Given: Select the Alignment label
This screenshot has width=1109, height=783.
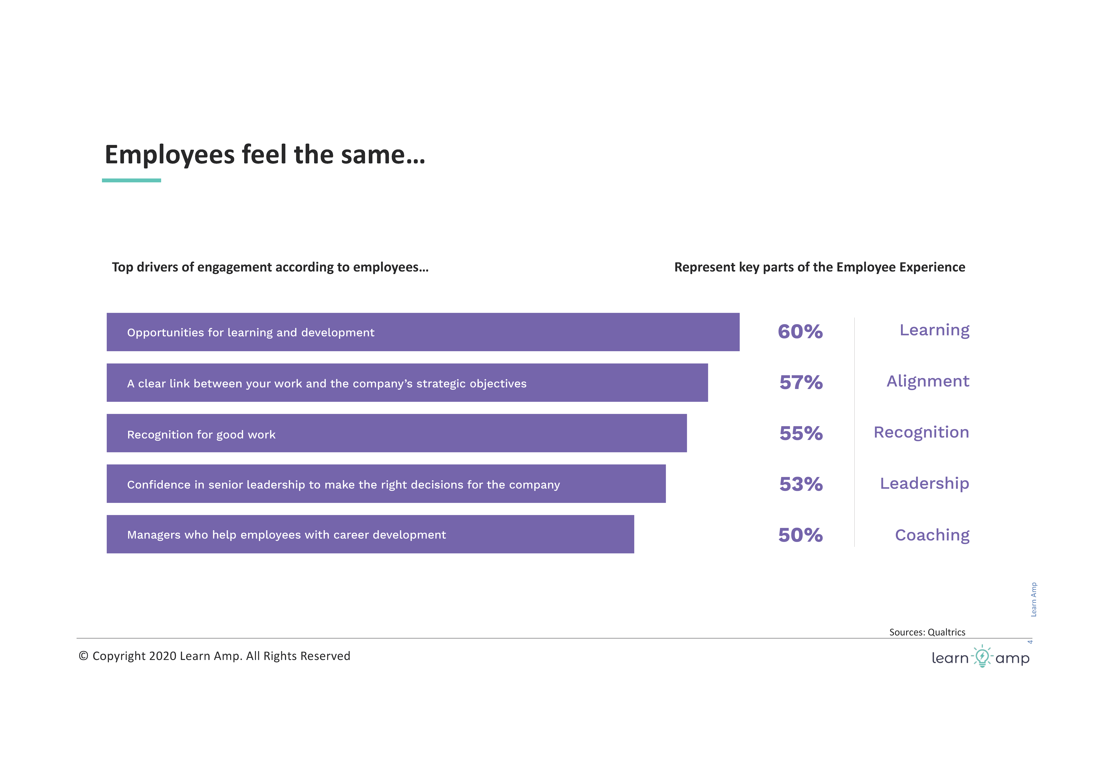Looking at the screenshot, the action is click(x=928, y=381).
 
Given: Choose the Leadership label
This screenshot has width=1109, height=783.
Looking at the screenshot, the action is click(x=924, y=483).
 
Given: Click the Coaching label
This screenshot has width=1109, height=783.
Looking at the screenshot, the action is click(x=932, y=535).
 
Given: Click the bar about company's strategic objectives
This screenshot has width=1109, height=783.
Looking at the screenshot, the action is click(x=407, y=383).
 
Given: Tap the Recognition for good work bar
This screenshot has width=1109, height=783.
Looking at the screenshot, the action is click(x=397, y=433).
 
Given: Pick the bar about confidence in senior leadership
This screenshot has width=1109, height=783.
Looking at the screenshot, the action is click(x=386, y=484).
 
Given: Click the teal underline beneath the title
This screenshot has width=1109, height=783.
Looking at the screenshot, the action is click(x=131, y=180).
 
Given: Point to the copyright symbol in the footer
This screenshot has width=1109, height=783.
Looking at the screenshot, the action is click(x=84, y=656).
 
